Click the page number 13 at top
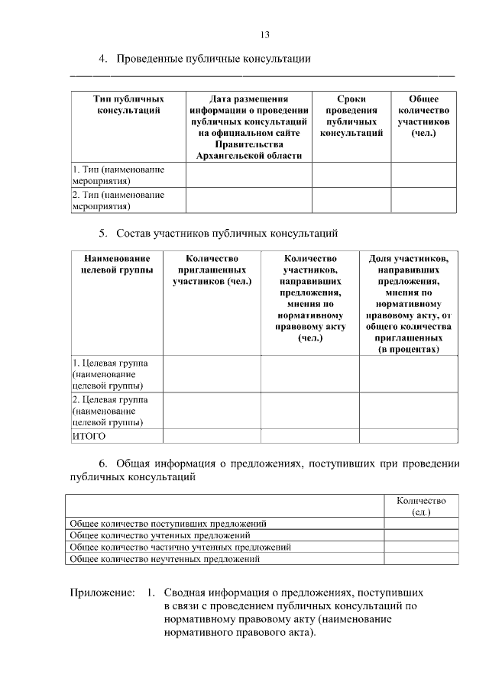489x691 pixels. pos(265,34)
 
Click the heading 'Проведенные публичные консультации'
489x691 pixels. pos(213,59)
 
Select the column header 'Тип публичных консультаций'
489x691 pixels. pos(128,105)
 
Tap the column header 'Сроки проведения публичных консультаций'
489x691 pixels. pos(351,116)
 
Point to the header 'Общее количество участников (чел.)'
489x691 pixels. pos(423,116)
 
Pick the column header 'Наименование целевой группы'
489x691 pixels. pos(117,263)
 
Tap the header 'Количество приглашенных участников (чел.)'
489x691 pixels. pos(212,270)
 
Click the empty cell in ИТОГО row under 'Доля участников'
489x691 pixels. pos(409,436)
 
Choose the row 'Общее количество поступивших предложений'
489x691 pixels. pos(168,524)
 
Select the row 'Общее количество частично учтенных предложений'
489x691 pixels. pos(180,547)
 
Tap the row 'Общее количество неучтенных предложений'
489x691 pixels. pos(165,559)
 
